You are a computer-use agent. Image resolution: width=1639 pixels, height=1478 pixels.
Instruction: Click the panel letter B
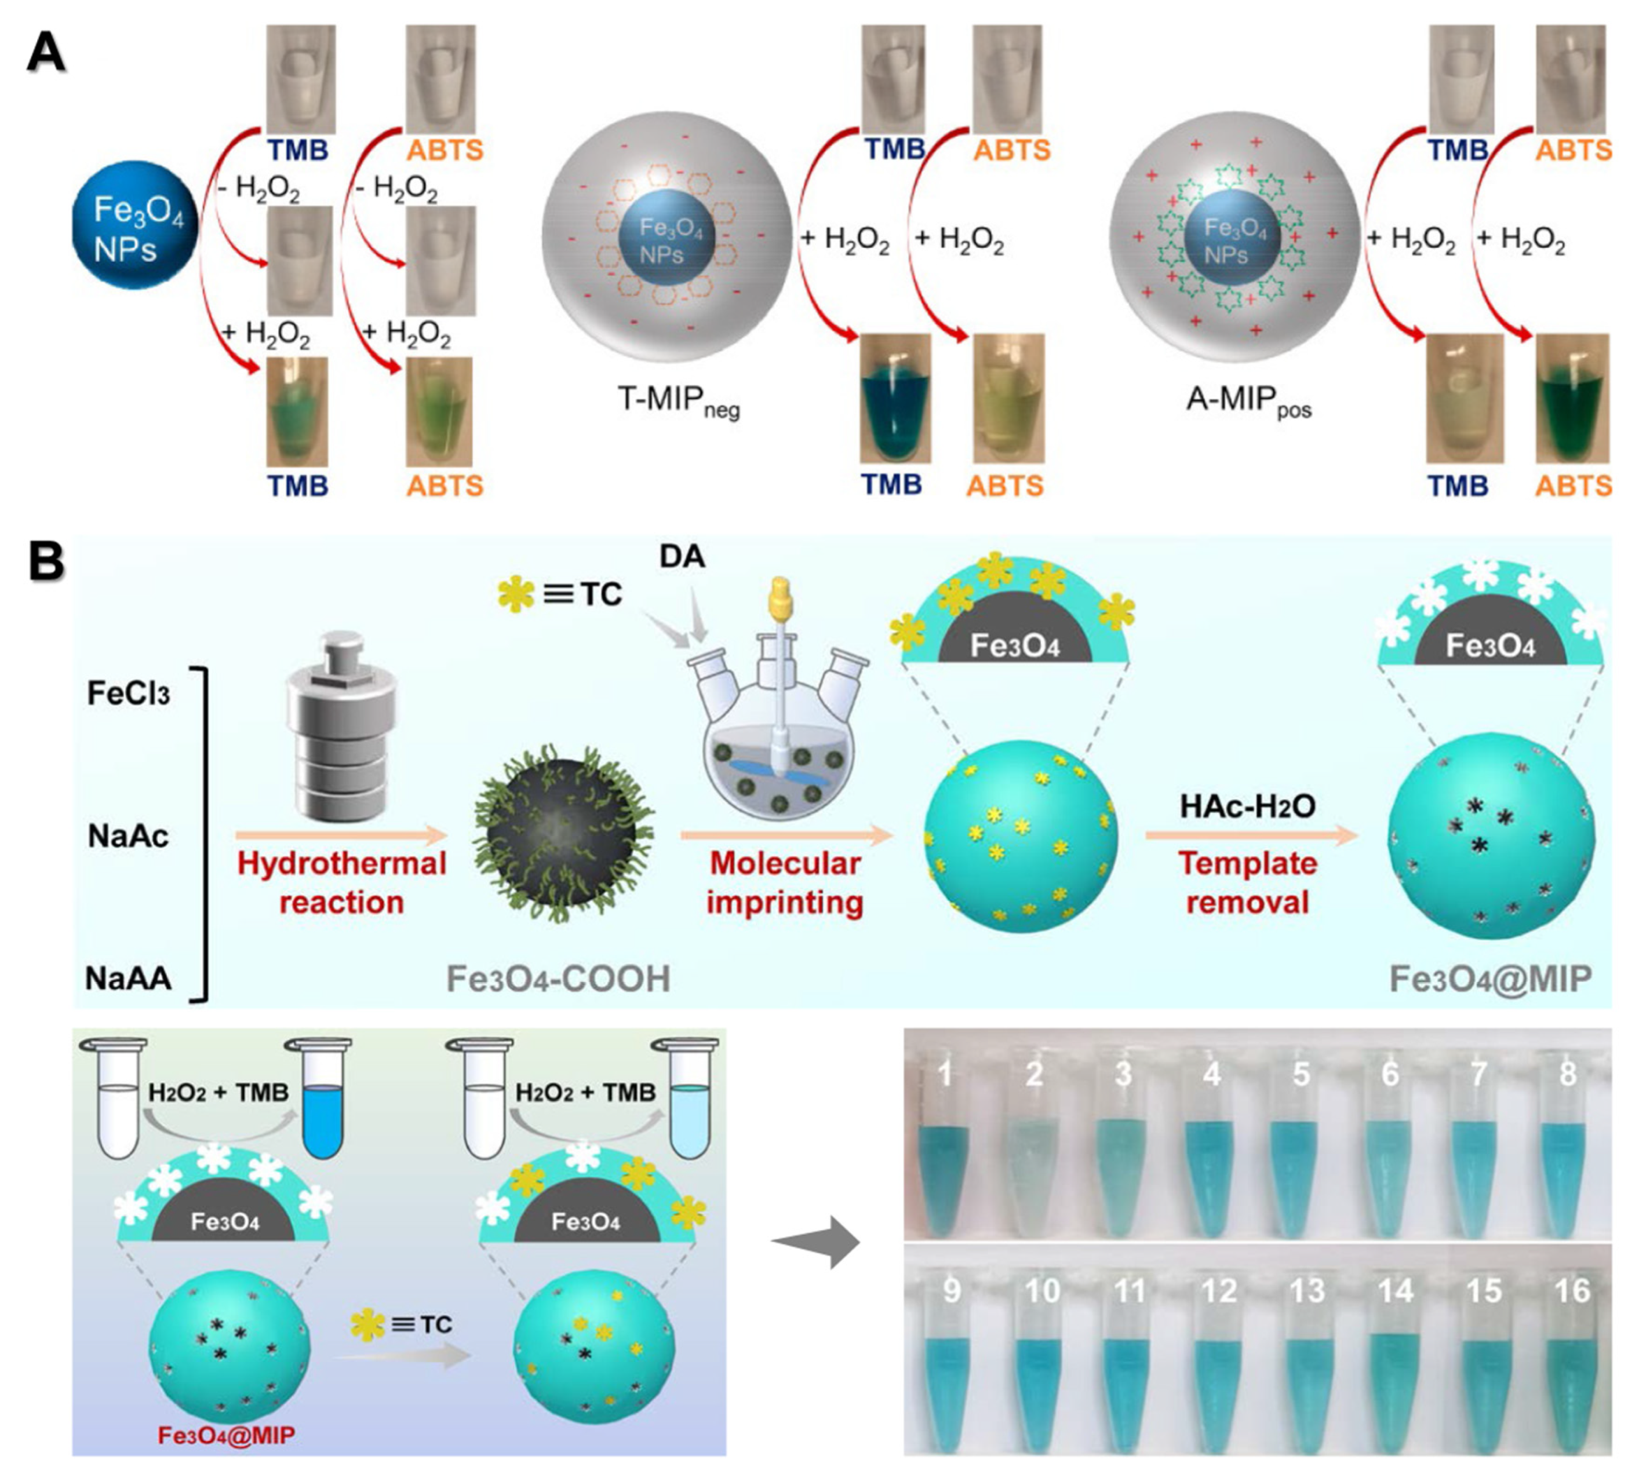pyautogui.click(x=46, y=562)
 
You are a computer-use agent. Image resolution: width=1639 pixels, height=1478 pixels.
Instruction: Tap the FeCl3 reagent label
pyautogui.click(x=128, y=694)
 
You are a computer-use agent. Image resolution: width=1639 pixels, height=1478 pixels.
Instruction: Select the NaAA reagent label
pyautogui.click(x=128, y=978)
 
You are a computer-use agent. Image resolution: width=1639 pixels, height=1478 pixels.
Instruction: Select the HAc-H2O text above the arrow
pyautogui.click(x=1248, y=806)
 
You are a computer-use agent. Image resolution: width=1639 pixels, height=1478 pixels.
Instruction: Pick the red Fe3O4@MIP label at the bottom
pyautogui.click(x=226, y=1435)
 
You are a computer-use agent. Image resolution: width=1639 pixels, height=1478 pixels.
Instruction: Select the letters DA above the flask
pyautogui.click(x=682, y=557)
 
